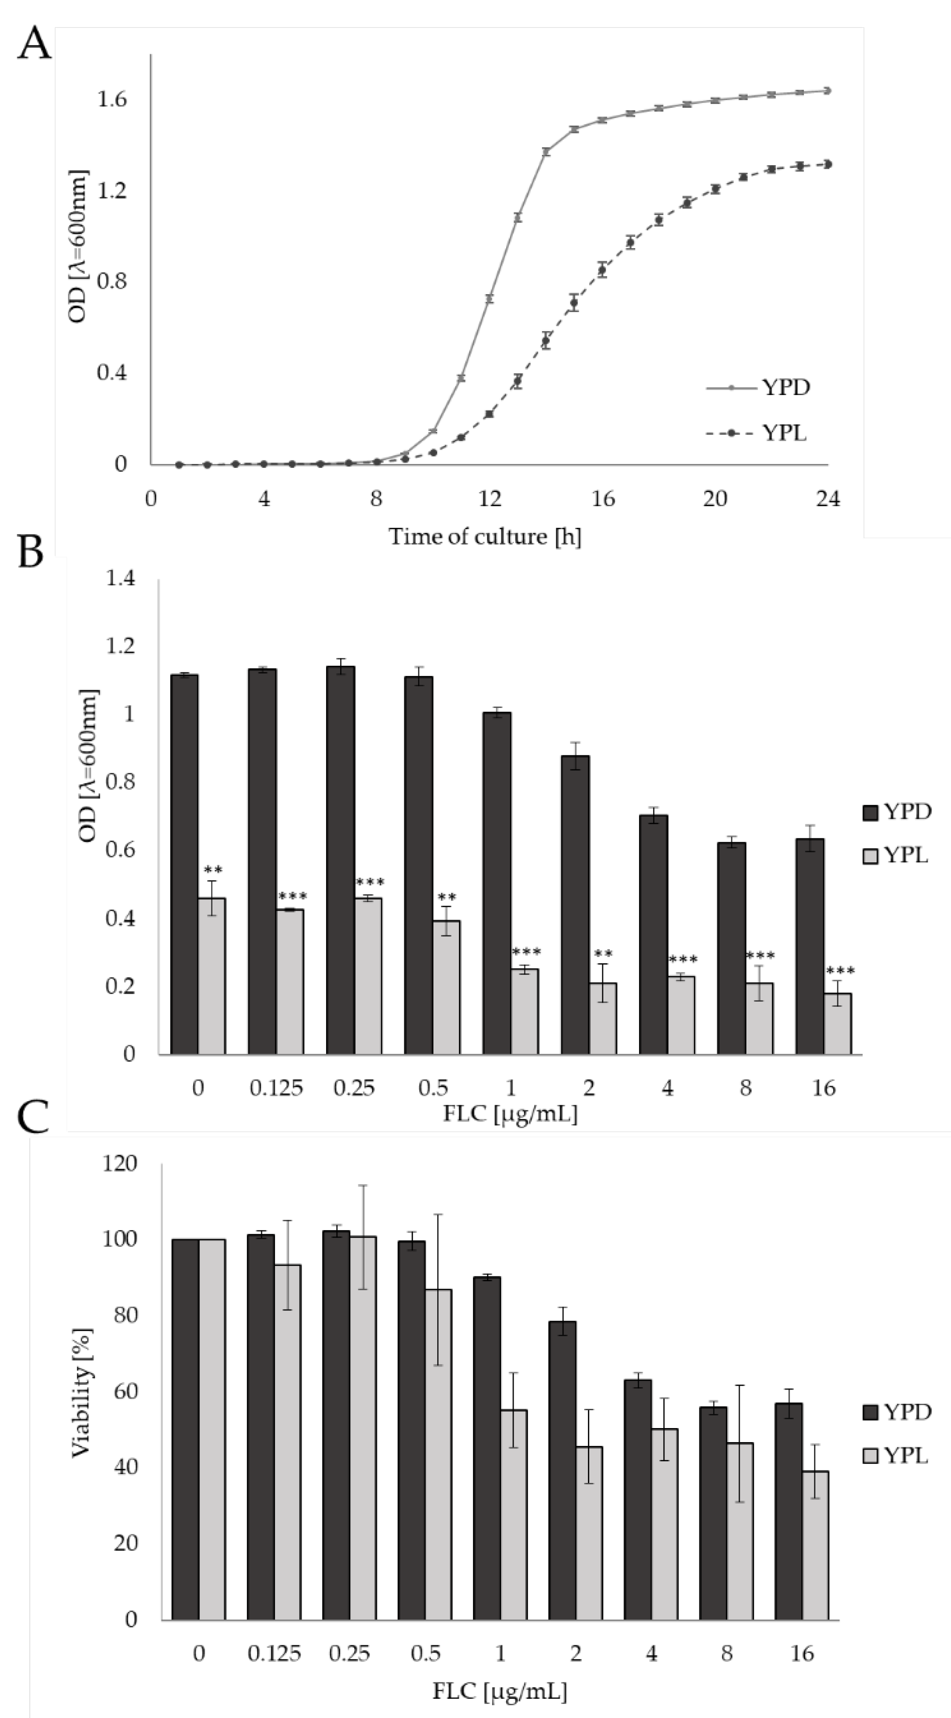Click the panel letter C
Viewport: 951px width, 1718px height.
point(33,1117)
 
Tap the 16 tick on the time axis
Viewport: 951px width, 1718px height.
point(602,499)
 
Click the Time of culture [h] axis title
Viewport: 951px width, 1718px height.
point(485,536)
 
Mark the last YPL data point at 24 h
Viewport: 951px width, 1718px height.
point(828,164)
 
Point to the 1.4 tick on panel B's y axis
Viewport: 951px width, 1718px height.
point(121,578)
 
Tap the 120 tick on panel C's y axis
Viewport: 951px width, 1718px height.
point(120,1164)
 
